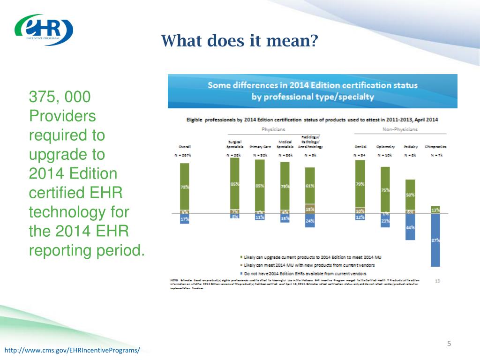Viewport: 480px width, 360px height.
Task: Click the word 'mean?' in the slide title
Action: [296, 41]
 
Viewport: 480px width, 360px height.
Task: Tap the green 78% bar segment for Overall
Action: [185, 186]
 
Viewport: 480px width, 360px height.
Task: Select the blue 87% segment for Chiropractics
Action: [435, 240]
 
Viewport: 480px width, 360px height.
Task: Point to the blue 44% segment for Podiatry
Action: [410, 227]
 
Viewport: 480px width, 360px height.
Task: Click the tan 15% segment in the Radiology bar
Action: [310, 210]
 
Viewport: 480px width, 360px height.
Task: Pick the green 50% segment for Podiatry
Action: [410, 194]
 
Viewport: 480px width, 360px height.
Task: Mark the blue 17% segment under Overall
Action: [185, 218]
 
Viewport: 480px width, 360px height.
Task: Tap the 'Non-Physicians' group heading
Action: [400, 129]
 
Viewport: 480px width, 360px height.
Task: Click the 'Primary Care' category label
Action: [259, 146]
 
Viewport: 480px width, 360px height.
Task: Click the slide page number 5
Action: [449, 345]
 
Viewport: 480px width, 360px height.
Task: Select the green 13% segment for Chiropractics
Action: [435, 210]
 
